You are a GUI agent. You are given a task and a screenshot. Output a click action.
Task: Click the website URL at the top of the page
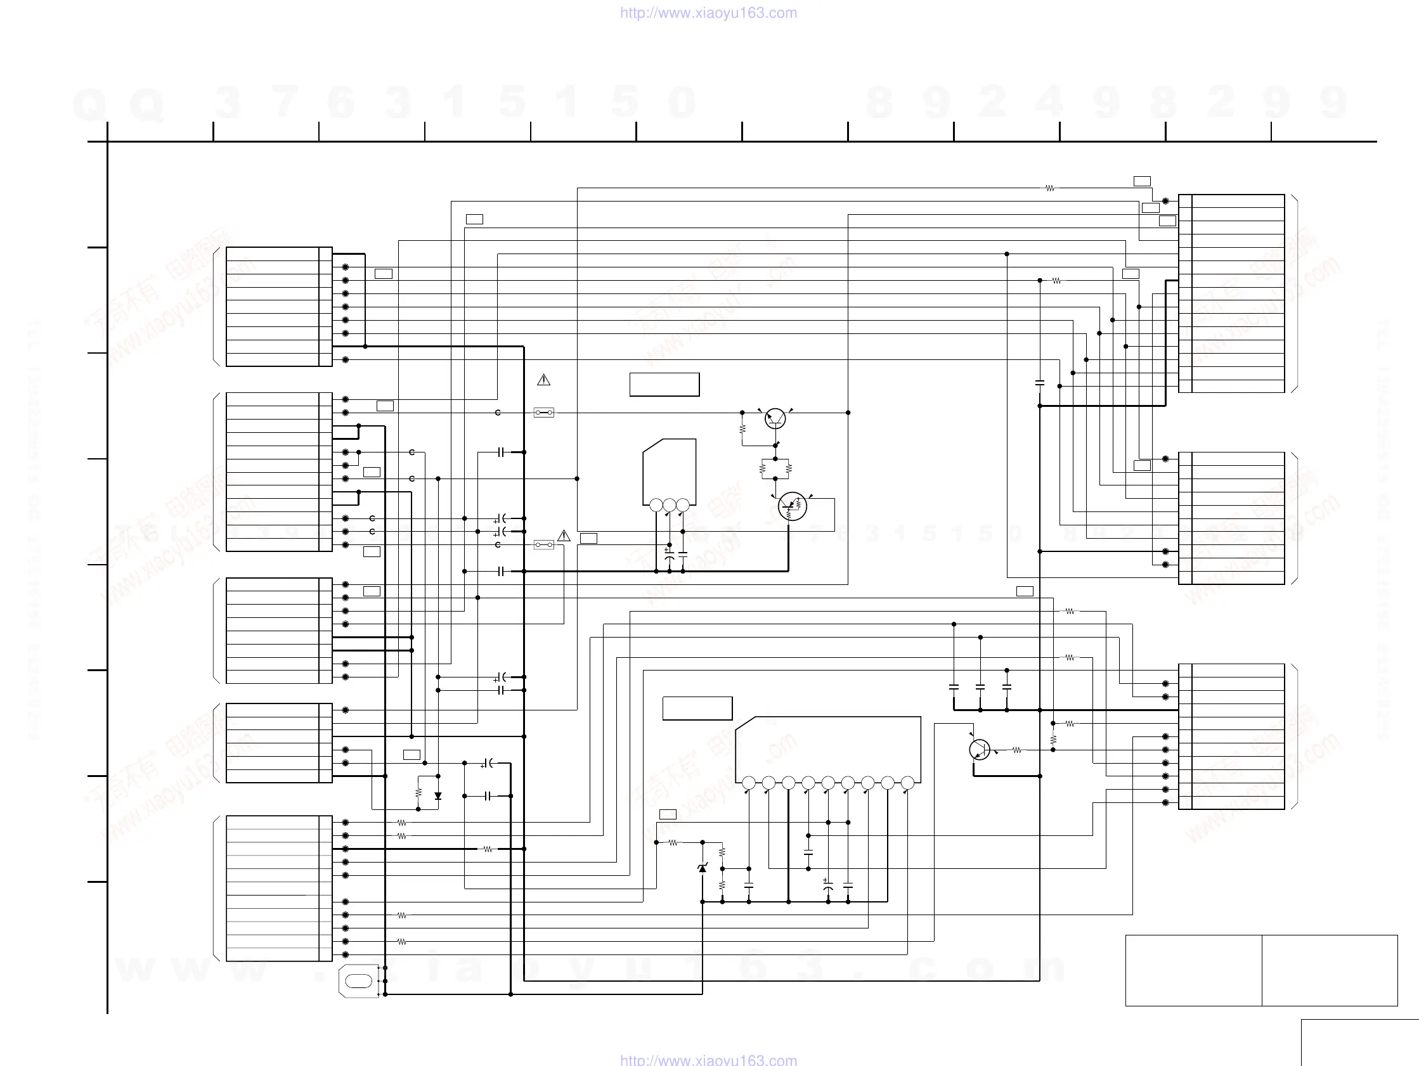(x=708, y=13)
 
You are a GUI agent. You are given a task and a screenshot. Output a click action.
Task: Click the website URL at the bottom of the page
(x=708, y=1060)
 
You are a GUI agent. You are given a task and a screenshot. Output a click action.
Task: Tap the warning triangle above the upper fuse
(x=543, y=380)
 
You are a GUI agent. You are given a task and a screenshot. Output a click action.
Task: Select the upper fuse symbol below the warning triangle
(x=544, y=413)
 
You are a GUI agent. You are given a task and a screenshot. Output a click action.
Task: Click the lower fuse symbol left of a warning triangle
(x=544, y=544)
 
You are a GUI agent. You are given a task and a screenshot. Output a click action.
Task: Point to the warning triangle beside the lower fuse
(x=564, y=536)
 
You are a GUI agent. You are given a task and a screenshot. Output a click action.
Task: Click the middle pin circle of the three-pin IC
(x=669, y=505)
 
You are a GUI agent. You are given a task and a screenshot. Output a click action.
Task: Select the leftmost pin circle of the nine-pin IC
(x=749, y=783)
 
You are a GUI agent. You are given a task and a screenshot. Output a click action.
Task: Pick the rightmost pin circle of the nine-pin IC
(x=907, y=783)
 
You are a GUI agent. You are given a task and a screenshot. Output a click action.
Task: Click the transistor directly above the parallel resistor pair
(x=775, y=419)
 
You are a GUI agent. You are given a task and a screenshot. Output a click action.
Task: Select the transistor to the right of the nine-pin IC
(x=980, y=749)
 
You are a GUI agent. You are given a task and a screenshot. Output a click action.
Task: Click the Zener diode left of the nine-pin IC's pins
(x=703, y=868)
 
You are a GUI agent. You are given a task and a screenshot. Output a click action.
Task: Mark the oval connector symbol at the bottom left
(x=359, y=981)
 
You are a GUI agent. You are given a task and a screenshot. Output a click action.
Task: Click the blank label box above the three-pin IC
(x=664, y=385)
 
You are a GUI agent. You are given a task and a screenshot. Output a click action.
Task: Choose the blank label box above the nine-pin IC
(x=697, y=708)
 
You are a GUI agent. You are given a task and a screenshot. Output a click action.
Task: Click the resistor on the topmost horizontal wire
(x=1049, y=188)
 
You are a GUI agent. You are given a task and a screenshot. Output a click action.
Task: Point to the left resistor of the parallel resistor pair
(x=763, y=469)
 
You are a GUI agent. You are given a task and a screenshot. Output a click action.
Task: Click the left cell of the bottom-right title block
(x=1193, y=970)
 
